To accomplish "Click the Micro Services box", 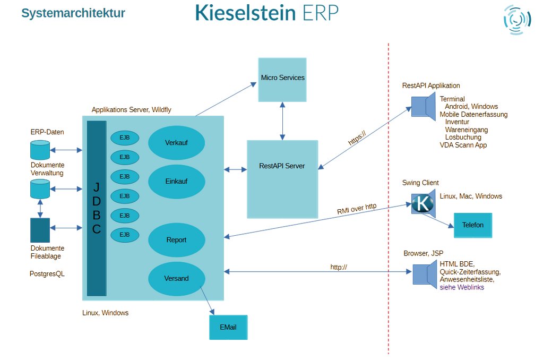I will [x=282, y=79].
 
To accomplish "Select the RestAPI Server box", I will [x=282, y=179].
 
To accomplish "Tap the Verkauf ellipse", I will [x=176, y=143].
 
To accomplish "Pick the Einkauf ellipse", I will [x=176, y=181].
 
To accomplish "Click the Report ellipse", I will [x=176, y=240].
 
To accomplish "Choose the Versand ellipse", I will [x=176, y=278].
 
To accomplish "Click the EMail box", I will [x=228, y=327].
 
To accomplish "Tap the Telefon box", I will [x=472, y=225].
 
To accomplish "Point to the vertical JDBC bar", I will [x=97, y=208].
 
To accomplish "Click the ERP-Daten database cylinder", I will [x=40, y=150].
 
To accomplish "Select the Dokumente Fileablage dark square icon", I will [x=40, y=230].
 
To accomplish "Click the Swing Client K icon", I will [x=422, y=204].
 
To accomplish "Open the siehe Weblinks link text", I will [x=462, y=287].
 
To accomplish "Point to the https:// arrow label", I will [x=357, y=139].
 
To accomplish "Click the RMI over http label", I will [x=357, y=209].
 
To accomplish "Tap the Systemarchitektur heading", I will [x=73, y=13].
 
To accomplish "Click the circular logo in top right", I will [x=516, y=20].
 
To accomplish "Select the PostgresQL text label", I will [x=47, y=274].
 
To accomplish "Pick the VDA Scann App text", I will [x=463, y=145].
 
